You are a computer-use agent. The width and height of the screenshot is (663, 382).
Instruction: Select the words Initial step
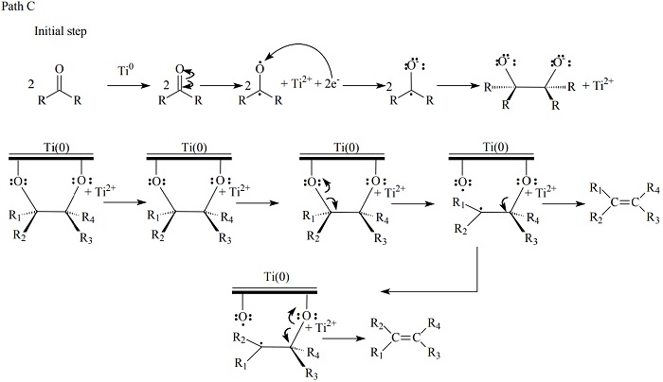(x=62, y=31)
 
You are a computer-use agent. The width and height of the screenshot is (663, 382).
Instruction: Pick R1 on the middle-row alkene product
(x=593, y=189)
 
